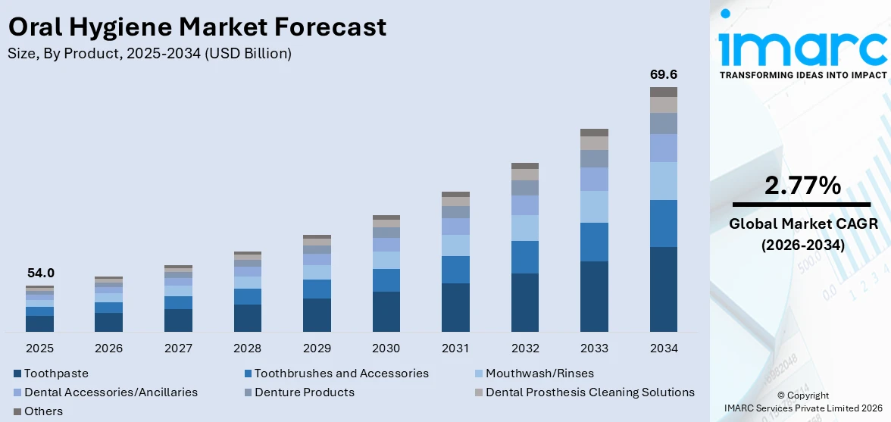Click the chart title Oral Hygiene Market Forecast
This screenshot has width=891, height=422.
(x=197, y=27)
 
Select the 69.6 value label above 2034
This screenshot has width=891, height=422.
(x=663, y=74)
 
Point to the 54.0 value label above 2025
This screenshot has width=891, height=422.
(x=39, y=273)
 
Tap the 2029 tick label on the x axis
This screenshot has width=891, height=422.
(x=317, y=349)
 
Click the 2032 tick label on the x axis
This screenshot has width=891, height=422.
(x=525, y=349)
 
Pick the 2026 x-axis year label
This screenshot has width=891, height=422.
(x=108, y=349)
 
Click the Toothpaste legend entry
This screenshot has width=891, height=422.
(x=55, y=374)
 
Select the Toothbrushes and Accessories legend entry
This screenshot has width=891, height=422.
(x=340, y=374)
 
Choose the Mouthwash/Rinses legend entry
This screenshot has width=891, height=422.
(x=539, y=374)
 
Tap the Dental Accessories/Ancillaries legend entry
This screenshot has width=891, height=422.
(x=110, y=392)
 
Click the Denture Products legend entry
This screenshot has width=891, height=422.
(x=304, y=392)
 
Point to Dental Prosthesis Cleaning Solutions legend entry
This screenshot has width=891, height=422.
(x=589, y=392)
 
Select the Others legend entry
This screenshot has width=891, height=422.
(x=43, y=411)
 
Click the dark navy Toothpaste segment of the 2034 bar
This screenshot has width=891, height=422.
(x=663, y=289)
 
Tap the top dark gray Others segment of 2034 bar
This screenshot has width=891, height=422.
(x=663, y=92)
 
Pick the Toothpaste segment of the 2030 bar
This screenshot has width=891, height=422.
(x=386, y=311)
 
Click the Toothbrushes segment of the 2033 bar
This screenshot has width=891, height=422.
(x=594, y=242)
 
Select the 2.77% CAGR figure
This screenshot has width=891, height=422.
(x=802, y=185)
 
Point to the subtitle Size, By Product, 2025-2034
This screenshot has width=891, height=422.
(x=149, y=54)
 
